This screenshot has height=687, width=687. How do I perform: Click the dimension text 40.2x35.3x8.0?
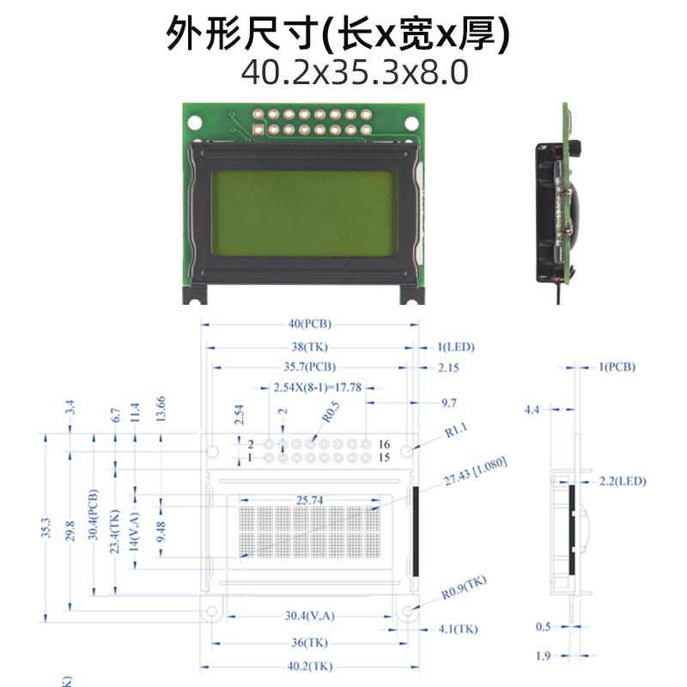click(355, 72)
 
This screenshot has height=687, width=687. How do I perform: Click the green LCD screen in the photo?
click(304, 211)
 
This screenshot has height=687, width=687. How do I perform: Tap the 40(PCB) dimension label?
click(310, 325)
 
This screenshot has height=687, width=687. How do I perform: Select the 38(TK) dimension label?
click(310, 347)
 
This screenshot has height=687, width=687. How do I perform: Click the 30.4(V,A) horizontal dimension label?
click(309, 616)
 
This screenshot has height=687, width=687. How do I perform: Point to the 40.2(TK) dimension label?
click(309, 666)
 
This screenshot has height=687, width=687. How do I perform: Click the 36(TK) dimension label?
click(309, 641)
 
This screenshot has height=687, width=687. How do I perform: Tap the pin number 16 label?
click(384, 444)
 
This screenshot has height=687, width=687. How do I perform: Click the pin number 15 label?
click(384, 458)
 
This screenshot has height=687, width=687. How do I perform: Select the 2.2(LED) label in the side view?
click(623, 480)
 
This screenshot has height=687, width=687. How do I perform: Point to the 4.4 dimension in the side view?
click(532, 410)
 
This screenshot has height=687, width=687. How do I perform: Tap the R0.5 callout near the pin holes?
click(331, 412)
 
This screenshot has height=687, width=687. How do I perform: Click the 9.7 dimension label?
click(448, 402)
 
